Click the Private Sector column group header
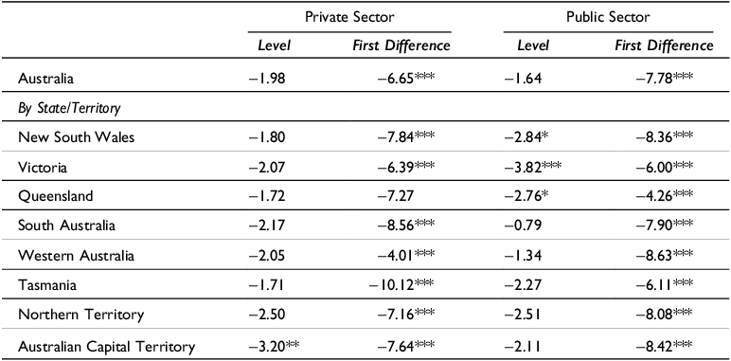pyautogui.click(x=349, y=16)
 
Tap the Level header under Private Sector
pyautogui.click(x=275, y=45)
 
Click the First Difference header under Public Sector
pyautogui.click(x=664, y=45)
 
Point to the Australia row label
pyautogui.click(x=46, y=78)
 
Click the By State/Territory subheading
pyautogui.click(x=66, y=107)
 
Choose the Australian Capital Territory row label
pyautogui.click(x=107, y=346)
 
